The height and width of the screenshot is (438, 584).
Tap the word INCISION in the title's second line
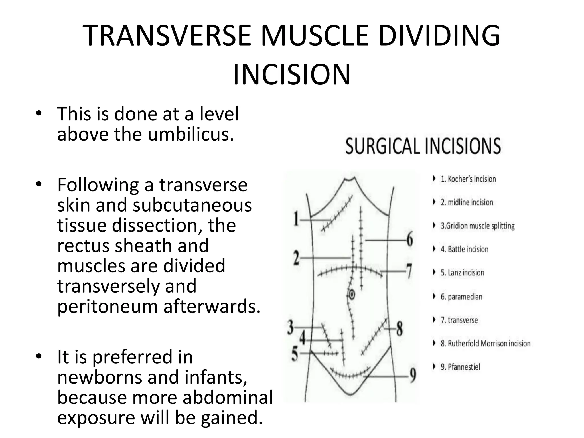pyautogui.click(x=291, y=75)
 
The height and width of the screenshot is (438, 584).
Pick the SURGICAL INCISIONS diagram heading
pyautogui.click(x=423, y=146)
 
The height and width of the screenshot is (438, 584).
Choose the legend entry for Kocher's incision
pyautogui.click(x=468, y=179)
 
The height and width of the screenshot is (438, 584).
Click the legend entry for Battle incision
pyautogui.click(x=464, y=249)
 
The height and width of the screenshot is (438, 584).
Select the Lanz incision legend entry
pyautogui.click(x=462, y=273)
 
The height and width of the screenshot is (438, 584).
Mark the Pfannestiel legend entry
pyautogui.click(x=460, y=367)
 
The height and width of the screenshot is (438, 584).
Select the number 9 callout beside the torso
pyautogui.click(x=412, y=376)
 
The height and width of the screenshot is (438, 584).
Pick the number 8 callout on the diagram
pyautogui.click(x=399, y=329)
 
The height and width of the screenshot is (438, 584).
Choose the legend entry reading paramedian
pyautogui.click(x=461, y=297)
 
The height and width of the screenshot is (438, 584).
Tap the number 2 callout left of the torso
pyautogui.click(x=297, y=258)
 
